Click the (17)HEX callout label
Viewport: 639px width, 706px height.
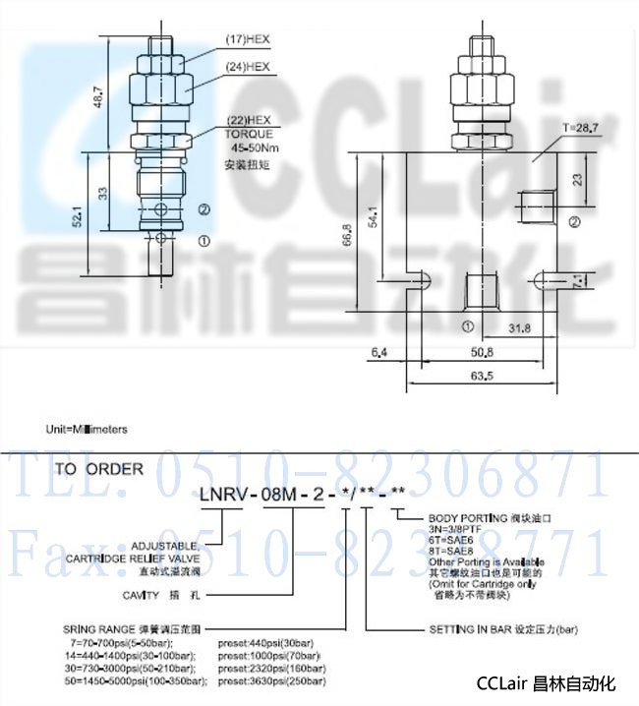pyautogui.click(x=250, y=39)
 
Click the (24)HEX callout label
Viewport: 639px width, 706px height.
pyautogui.click(x=250, y=67)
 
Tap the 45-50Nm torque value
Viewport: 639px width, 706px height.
pyautogui.click(x=251, y=148)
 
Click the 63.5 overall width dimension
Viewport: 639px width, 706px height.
pyautogui.click(x=483, y=376)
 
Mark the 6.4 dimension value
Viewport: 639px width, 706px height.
pyautogui.click(x=379, y=351)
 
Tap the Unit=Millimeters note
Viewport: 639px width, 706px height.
pyautogui.click(x=87, y=430)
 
